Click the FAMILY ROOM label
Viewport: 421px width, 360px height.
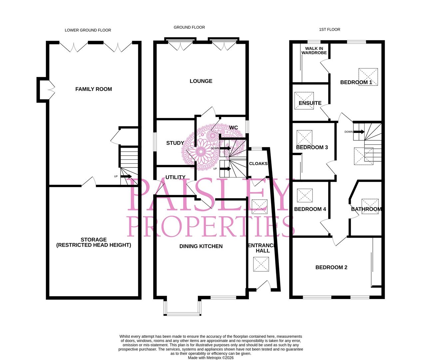(94, 89)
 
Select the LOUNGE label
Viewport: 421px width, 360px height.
(201, 81)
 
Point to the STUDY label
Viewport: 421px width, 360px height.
(175, 143)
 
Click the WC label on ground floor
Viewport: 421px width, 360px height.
(233, 128)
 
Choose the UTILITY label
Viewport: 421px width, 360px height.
(175, 177)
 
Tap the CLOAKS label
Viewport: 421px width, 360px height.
(258, 163)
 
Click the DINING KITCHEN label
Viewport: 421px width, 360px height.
(201, 246)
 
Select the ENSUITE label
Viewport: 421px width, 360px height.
(310, 103)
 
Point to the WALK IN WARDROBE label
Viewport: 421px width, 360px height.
(314, 51)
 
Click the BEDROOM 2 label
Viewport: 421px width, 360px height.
(331, 267)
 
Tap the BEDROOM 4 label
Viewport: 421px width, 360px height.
(310, 209)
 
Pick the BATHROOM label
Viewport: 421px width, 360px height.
(366, 209)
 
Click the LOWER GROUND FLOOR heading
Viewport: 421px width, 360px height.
(88, 30)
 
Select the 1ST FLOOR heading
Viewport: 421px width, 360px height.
(329, 29)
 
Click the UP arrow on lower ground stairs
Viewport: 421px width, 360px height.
(126, 176)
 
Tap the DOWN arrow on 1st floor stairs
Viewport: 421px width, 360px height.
(359, 132)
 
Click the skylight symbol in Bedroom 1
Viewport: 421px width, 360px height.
(368, 77)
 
